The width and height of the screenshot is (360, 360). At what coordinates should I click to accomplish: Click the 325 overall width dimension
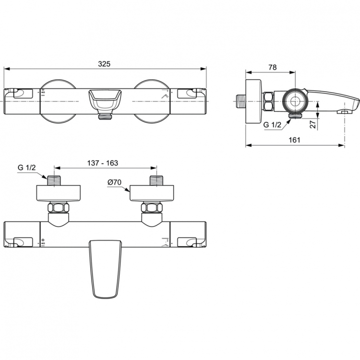point(104,63)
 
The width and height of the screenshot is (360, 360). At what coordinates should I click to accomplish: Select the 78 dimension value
point(272,68)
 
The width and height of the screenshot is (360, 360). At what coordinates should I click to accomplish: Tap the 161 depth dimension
point(295,140)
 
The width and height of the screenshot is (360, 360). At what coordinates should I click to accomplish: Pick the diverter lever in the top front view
point(105,99)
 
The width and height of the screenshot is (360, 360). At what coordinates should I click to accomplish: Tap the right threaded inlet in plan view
point(156,181)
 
